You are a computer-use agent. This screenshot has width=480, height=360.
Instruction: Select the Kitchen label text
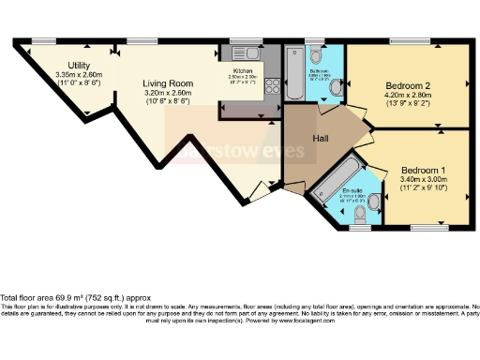click(243, 70)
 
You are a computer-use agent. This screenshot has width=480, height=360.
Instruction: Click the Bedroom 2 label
click(406, 83)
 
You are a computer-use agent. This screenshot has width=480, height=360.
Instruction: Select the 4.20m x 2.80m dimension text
click(406, 94)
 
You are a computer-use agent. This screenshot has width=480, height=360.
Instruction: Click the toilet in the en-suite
click(372, 201)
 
